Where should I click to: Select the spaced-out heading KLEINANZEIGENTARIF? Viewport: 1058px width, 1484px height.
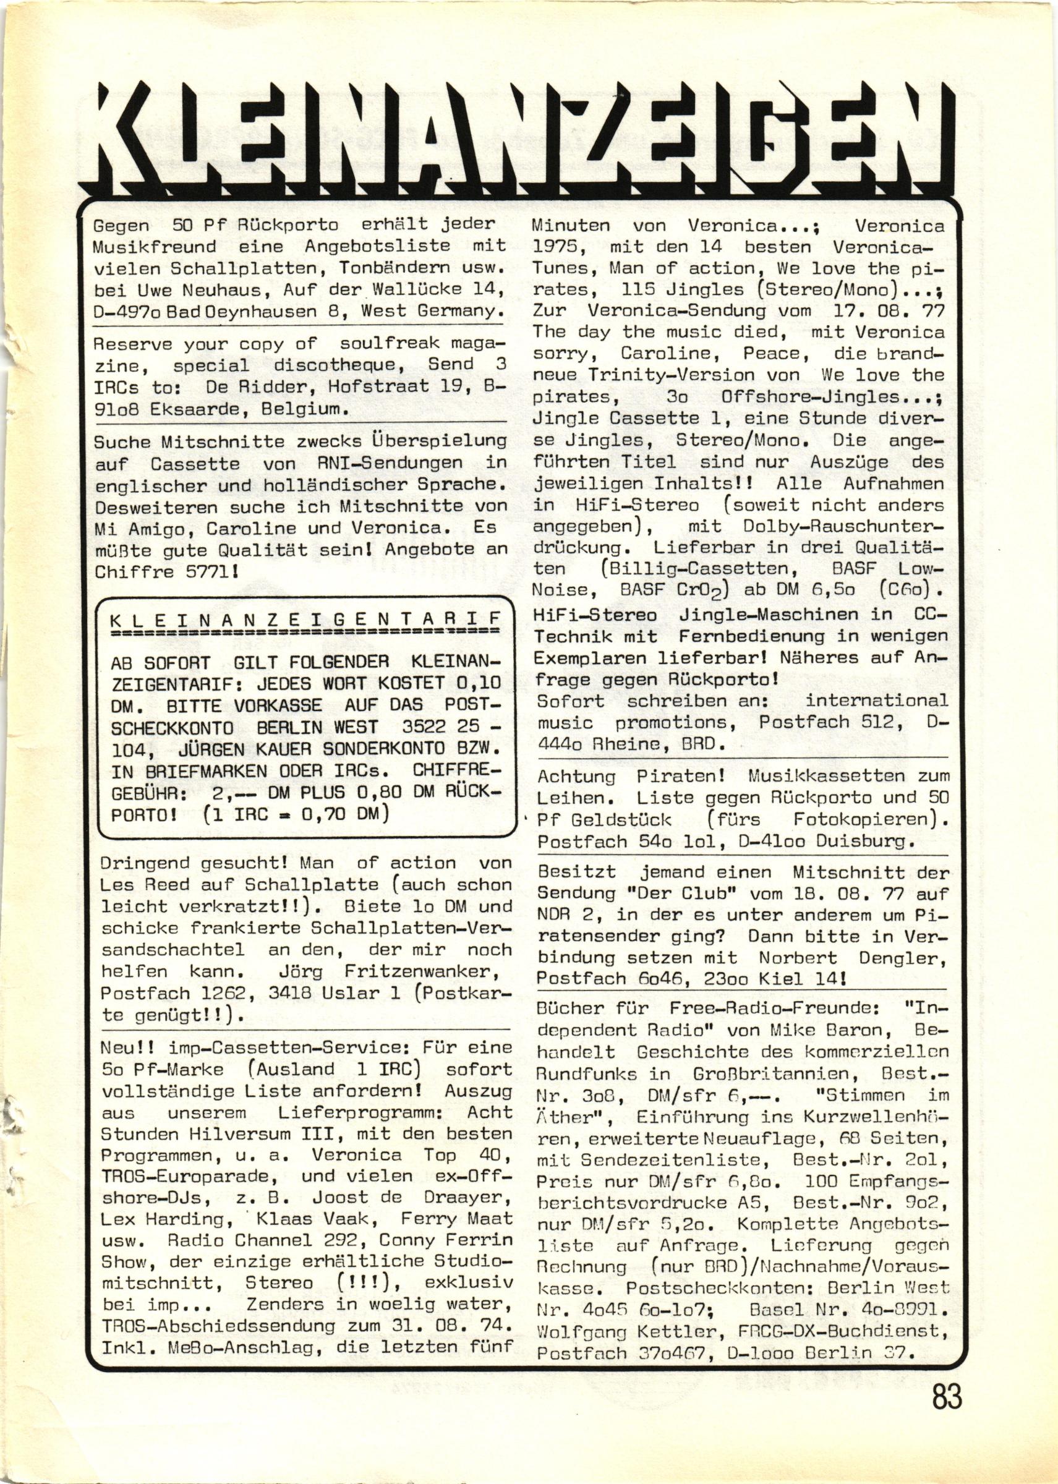306,618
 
